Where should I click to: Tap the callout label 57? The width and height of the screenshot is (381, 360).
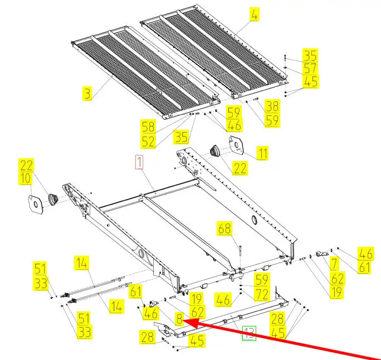(310, 69)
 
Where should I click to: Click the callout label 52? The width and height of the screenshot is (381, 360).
(148, 142)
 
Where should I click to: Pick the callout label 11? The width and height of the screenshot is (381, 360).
(262, 152)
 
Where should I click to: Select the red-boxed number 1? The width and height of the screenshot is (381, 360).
(139, 162)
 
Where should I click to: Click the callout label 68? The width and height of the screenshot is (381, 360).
(224, 228)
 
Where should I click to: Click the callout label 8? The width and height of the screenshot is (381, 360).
(179, 319)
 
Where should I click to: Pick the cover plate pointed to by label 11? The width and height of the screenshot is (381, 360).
(237, 144)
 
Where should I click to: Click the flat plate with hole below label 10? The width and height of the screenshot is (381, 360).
(36, 202)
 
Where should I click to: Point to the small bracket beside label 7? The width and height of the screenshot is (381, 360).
(321, 255)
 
